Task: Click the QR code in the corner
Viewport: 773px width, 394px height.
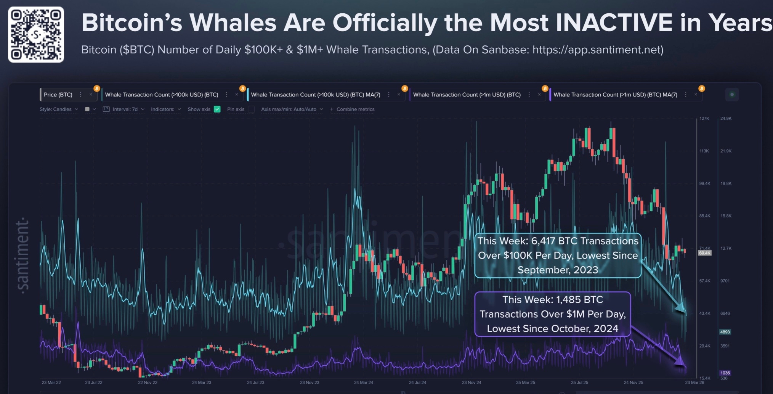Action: (36, 34)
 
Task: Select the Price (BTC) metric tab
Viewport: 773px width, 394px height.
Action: (58, 95)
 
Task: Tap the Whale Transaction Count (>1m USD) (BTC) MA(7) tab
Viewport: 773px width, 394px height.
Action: (615, 95)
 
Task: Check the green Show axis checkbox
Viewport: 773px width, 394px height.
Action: (217, 109)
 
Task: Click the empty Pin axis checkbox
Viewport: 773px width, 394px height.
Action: (251, 109)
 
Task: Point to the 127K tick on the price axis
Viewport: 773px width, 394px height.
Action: (704, 118)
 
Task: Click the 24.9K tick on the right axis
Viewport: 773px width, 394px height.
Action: (726, 118)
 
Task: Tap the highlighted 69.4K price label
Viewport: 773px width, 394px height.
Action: (705, 253)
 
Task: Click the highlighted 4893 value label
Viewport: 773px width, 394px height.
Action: (725, 332)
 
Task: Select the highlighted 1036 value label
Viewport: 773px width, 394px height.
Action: (725, 373)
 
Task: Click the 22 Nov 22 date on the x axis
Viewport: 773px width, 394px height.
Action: (148, 382)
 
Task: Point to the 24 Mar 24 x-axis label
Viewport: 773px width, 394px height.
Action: (363, 382)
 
